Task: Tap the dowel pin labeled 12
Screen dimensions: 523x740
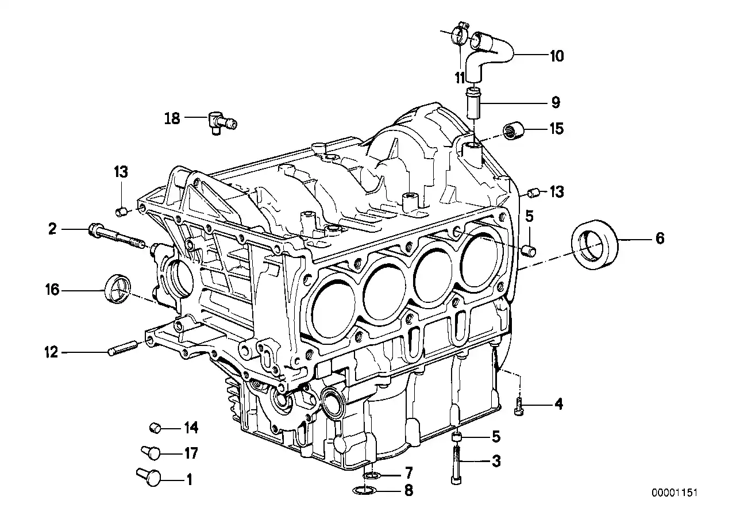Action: point(122,348)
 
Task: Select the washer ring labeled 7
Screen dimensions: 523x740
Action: point(371,475)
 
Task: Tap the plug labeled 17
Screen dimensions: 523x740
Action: point(151,453)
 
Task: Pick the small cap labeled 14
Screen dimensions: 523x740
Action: point(154,427)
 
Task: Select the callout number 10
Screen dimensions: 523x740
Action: point(556,56)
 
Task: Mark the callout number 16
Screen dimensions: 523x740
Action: point(52,290)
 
